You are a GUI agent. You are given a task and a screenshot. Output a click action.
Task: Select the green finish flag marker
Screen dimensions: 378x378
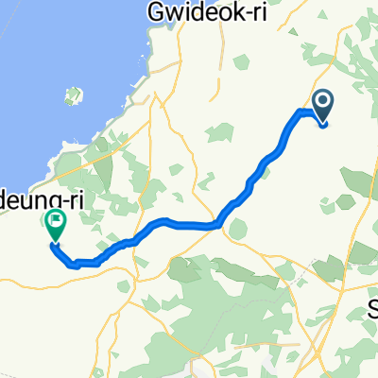pyautogui.click(x=55, y=223)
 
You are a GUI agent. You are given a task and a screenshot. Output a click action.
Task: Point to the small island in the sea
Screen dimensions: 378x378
pyautogui.click(x=73, y=96)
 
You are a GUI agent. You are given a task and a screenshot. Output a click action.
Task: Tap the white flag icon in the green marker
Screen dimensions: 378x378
pyautogui.click(x=55, y=220)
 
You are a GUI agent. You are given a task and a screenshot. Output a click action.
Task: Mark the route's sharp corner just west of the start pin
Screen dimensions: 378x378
pyautogui.click(x=301, y=112)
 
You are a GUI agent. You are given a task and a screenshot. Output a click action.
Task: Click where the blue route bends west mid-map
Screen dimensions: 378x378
pyautogui.click(x=219, y=224)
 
